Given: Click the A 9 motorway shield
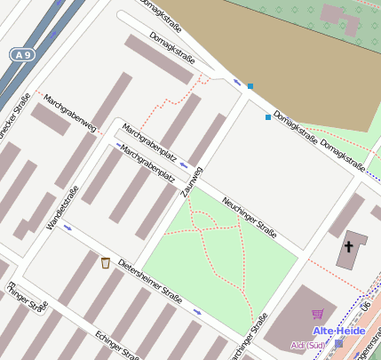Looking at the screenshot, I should [25, 55].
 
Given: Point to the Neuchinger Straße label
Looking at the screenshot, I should [250, 217].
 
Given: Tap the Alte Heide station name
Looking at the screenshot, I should [337, 331].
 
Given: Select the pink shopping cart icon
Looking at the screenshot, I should [317, 313].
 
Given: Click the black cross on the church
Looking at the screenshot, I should [349, 245].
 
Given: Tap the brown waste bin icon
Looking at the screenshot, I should [106, 262].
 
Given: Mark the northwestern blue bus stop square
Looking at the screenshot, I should [250, 86].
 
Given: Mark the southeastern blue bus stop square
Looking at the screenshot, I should [268, 117].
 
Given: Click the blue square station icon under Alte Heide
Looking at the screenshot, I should [338, 343].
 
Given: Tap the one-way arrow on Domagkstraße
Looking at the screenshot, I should [237, 83].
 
